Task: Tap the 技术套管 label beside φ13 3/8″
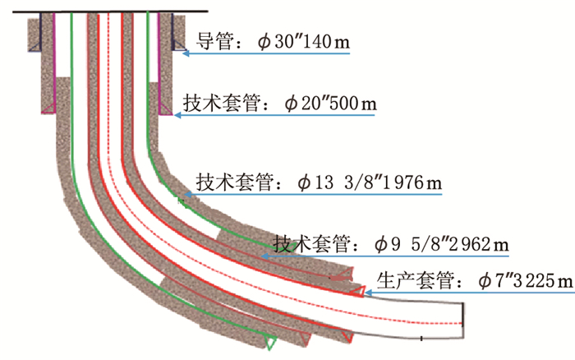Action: tap(243, 182)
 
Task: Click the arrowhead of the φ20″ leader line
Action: tap(176, 116)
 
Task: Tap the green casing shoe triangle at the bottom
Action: tap(269, 340)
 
